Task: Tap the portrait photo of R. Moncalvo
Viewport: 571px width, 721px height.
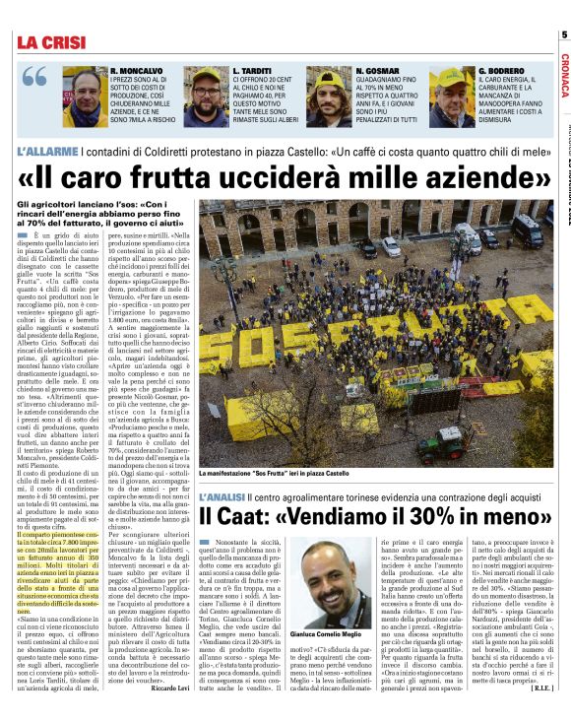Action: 87,98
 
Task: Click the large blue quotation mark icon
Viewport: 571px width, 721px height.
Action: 34,78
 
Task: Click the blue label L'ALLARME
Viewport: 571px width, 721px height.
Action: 47,153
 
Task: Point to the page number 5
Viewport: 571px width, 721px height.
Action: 564,35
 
